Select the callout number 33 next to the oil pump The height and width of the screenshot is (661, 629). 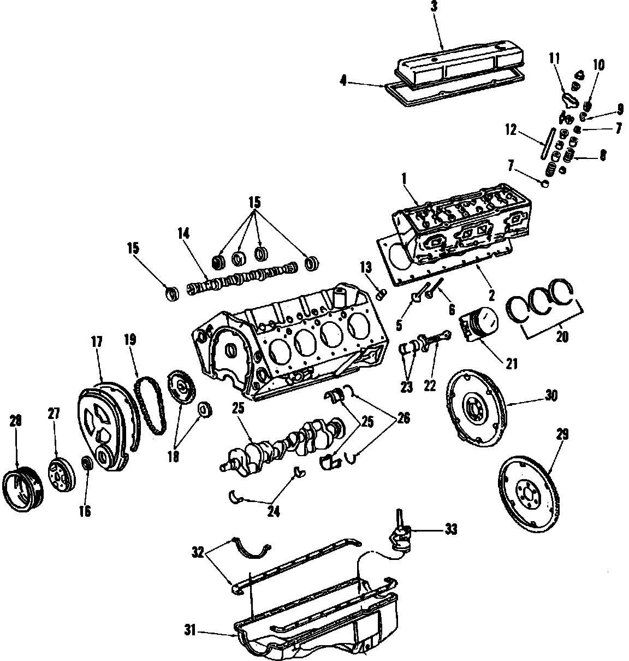(450, 529)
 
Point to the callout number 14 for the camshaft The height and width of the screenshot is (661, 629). (183, 234)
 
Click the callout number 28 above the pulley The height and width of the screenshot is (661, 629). (15, 421)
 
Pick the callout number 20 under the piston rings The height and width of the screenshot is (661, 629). (562, 337)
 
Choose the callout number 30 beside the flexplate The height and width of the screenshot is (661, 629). (551, 396)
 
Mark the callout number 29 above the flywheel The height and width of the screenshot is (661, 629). (562, 435)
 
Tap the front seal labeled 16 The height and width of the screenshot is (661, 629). (86, 464)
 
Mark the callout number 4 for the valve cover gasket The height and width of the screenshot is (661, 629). (343, 81)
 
